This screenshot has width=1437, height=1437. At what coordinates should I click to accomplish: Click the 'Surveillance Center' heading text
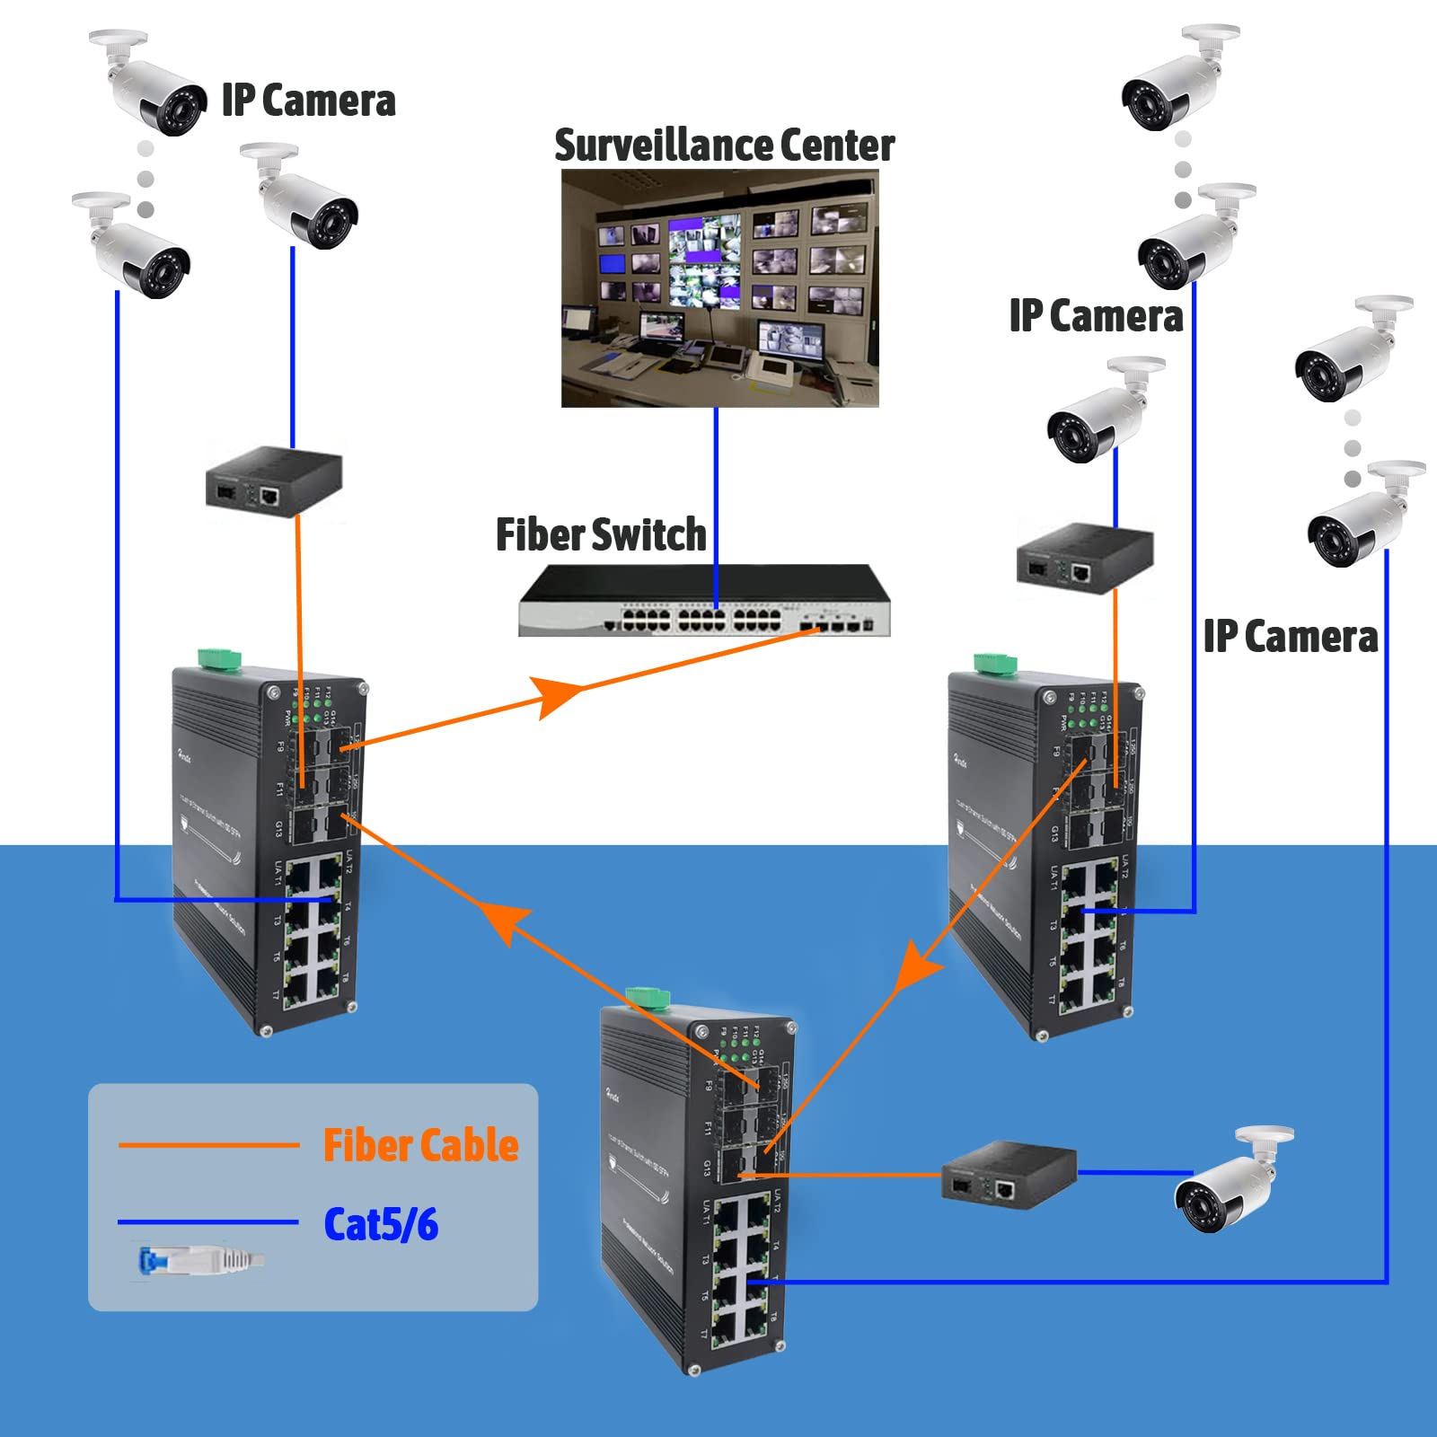coord(724,145)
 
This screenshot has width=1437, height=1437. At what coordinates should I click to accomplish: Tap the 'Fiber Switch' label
coord(601,535)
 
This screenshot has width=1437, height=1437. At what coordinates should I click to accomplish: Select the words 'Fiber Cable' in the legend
coord(420,1146)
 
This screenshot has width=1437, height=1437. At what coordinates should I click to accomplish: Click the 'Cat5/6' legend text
coord(381,1224)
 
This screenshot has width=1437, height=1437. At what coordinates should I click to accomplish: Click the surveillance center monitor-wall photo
coord(719,288)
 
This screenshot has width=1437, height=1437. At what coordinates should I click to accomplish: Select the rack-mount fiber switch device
coord(704,602)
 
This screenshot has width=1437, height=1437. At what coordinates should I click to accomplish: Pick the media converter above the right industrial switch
coord(1084,557)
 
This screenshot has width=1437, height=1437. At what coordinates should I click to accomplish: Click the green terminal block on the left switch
coord(220,658)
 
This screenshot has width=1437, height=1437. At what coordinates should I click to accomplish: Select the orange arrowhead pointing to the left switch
coord(503,921)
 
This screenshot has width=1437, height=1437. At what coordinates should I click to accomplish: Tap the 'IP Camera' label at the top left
coord(308,101)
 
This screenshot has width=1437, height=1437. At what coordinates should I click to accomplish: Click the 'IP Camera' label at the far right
coord(1290,637)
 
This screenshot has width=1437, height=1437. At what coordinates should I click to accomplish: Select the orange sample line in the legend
coord(208,1145)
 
